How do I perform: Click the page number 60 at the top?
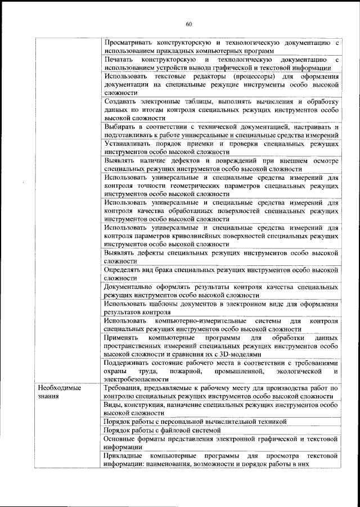[189, 24]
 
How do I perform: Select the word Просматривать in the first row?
[130, 42]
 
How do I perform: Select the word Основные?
[121, 438]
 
